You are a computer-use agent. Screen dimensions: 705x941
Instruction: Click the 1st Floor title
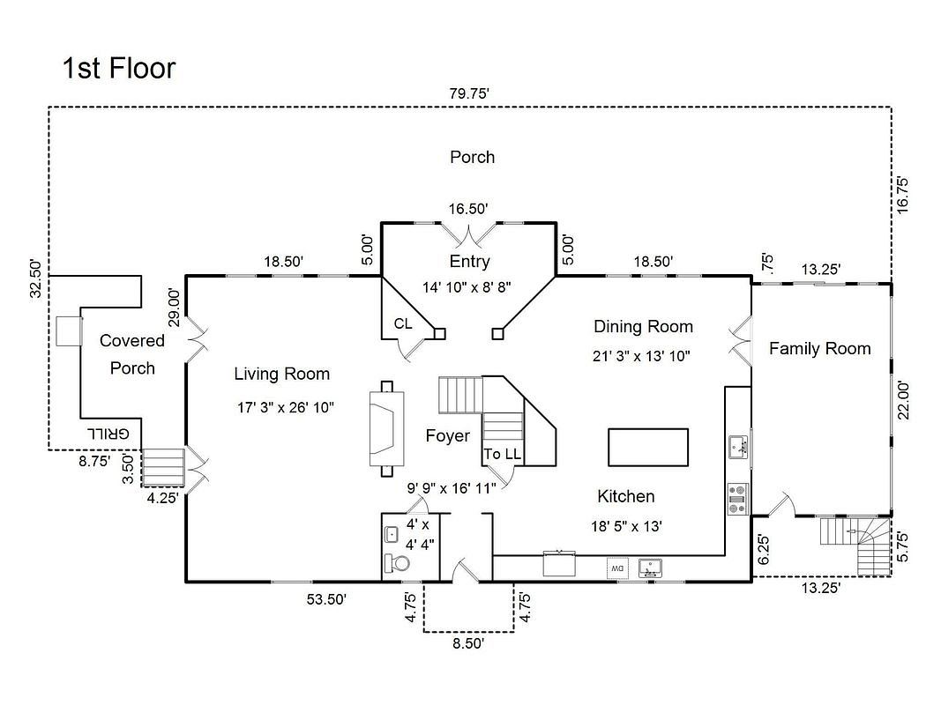tap(119, 68)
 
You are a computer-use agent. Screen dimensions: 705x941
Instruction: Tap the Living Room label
tap(281, 374)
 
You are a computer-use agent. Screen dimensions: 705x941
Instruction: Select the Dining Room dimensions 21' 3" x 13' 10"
tap(641, 356)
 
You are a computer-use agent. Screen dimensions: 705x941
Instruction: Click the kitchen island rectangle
tap(647, 447)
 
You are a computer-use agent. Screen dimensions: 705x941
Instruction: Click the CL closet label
tap(403, 323)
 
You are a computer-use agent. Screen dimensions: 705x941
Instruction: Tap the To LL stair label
tap(502, 454)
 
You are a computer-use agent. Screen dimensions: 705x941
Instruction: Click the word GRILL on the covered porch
tap(109, 434)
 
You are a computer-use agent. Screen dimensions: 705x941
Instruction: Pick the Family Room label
tap(819, 348)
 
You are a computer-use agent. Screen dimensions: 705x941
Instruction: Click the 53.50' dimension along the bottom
tap(325, 599)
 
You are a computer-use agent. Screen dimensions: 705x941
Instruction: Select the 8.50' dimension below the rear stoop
tap(468, 643)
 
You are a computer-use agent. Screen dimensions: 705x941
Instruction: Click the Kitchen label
tap(625, 496)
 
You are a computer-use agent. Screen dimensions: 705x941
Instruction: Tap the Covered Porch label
tap(132, 353)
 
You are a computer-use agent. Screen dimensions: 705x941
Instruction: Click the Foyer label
tap(447, 435)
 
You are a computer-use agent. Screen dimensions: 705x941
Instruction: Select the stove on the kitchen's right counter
tap(737, 499)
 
